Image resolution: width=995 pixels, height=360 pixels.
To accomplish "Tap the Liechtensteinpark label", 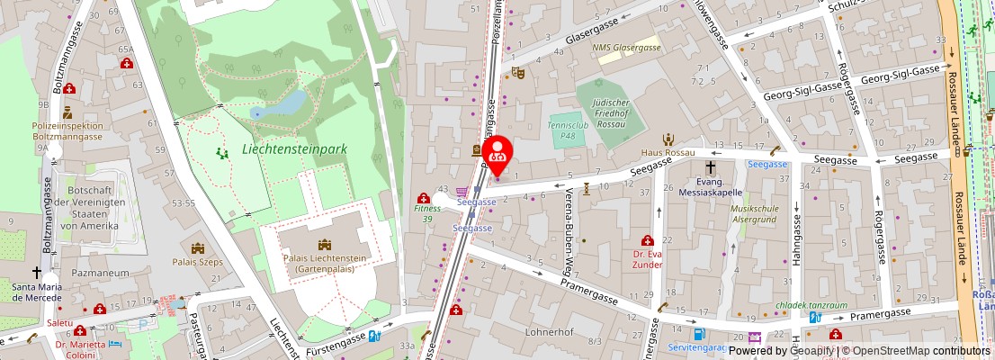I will coord(294,149).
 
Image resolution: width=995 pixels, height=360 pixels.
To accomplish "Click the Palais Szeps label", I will coord(197,262).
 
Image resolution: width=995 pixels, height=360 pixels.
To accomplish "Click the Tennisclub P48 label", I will coord(568,130).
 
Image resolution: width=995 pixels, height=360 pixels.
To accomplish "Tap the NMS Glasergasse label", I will coord(626,48).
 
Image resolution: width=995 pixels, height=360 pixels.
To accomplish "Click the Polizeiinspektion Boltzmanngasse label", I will coord(67,131).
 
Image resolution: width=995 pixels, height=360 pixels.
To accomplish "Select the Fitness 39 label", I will coord(427,213).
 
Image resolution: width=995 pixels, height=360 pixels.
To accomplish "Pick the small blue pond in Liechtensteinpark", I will coord(282,103).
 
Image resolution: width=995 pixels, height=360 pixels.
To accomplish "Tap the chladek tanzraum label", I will coord(811,305).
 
